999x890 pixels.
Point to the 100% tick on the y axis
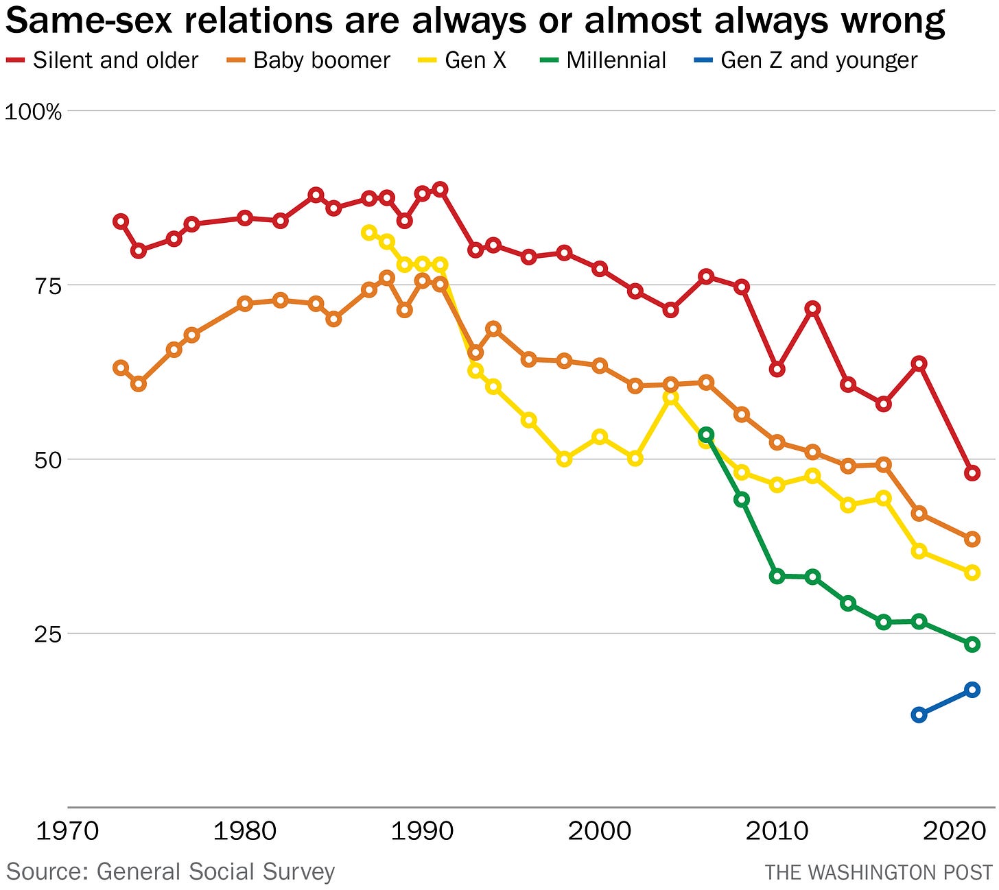(x=33, y=111)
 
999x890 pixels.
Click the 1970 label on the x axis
(x=67, y=831)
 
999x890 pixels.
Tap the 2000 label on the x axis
(x=600, y=831)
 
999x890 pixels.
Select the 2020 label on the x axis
(x=954, y=831)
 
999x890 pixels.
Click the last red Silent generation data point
(x=972, y=473)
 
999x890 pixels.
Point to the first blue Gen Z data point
(x=919, y=715)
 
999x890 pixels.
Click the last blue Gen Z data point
(x=972, y=690)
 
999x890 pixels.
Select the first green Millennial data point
(x=706, y=435)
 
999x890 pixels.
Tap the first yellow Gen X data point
(x=369, y=232)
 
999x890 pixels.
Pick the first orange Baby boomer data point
(x=121, y=368)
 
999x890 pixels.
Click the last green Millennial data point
(x=972, y=645)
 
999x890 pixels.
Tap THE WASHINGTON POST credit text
(x=878, y=872)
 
